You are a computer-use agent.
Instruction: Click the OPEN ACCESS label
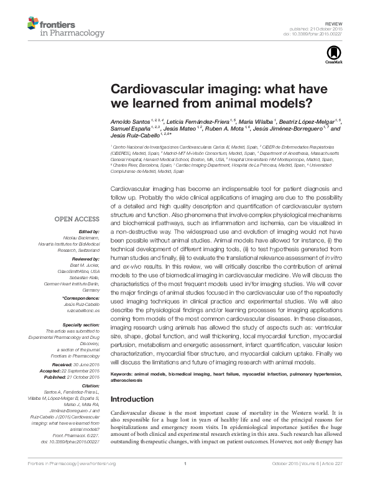coord(77,219)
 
